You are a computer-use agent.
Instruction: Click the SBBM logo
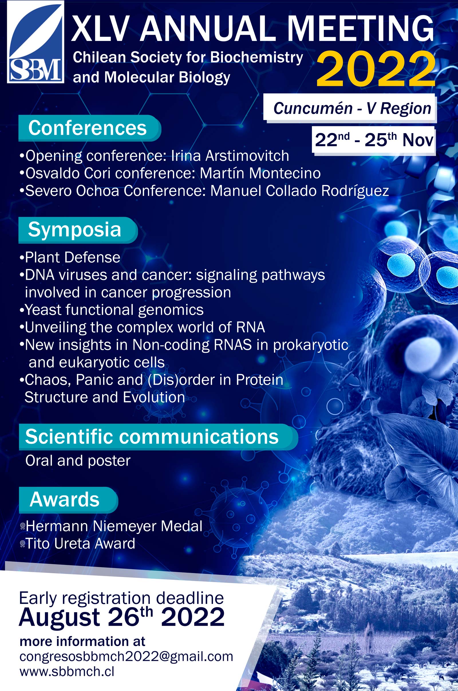[x=35, y=42]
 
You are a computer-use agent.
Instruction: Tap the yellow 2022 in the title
[x=376, y=69]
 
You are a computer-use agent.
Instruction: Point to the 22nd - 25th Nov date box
[x=374, y=140]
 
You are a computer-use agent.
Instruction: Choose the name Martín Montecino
[x=260, y=173]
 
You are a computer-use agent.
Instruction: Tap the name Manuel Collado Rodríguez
[x=300, y=191]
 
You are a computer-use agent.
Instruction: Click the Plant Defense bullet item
[x=70, y=258]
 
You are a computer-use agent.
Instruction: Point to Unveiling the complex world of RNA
[x=142, y=327]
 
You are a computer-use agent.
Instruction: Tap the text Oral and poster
[x=78, y=461]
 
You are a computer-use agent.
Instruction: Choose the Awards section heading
[x=68, y=500]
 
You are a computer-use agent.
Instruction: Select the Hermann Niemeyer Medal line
[x=111, y=526]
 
